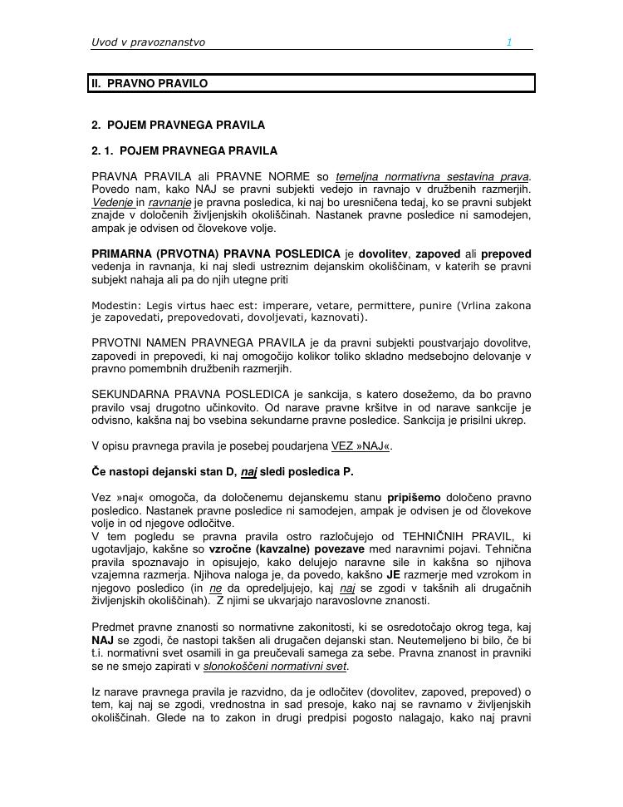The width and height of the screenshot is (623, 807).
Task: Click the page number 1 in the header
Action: point(509,42)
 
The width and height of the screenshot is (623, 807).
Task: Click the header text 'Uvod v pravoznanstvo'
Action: point(148,42)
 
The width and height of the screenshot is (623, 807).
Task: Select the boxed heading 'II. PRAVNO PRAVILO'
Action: point(150,84)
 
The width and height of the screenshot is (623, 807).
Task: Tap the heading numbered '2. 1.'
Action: point(184,151)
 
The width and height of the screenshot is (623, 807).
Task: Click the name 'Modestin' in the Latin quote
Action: point(114,305)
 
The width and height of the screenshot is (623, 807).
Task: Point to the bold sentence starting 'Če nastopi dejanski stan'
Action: point(222,472)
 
